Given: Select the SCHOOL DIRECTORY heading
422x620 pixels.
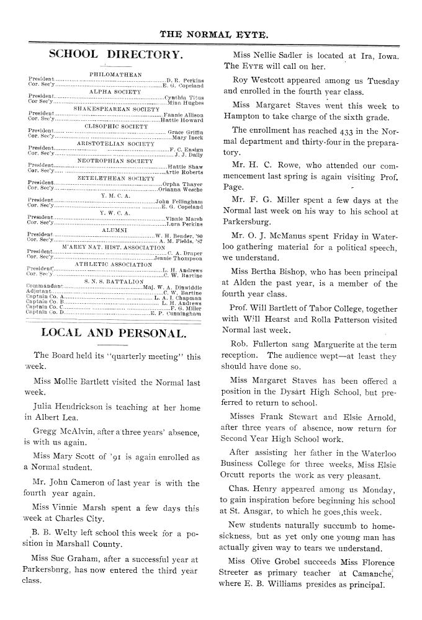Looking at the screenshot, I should (115, 55).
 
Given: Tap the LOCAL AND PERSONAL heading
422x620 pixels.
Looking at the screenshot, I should (114, 333).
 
